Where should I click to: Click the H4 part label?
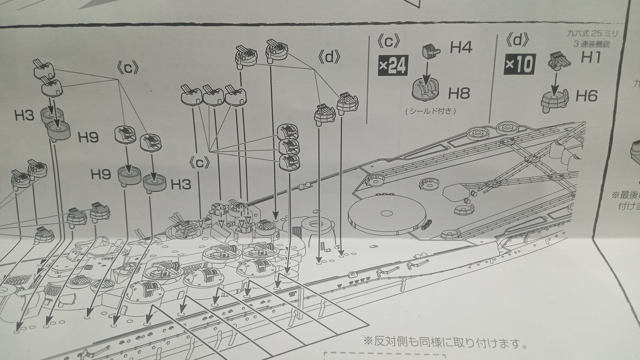[x=461, y=48]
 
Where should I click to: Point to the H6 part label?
[x=587, y=96]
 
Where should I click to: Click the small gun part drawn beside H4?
[x=431, y=52]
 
